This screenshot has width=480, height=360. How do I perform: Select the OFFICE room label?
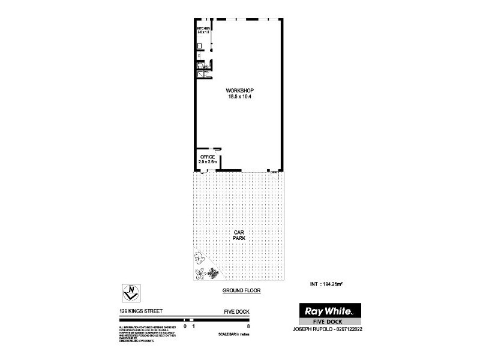(x=207, y=157)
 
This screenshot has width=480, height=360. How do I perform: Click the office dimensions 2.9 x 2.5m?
(x=208, y=162)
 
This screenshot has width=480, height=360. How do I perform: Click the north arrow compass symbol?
(x=131, y=293)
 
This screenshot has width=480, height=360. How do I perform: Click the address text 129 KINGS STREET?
(x=140, y=311)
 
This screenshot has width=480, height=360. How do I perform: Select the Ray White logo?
(x=329, y=311)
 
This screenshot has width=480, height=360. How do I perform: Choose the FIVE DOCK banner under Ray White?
(x=329, y=322)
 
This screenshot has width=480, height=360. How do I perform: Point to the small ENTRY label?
(x=274, y=173)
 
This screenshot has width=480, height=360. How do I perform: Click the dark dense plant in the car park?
(x=212, y=273)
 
